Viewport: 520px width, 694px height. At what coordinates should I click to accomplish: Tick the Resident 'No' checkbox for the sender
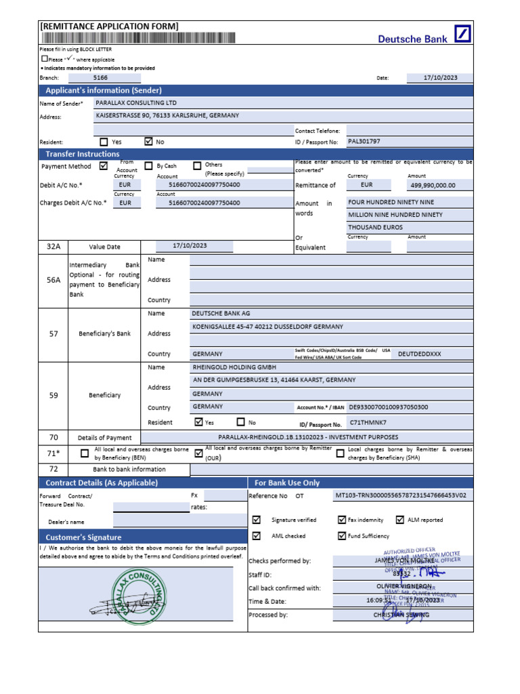click(x=149, y=142)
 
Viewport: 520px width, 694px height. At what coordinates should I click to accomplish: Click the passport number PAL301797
click(x=364, y=142)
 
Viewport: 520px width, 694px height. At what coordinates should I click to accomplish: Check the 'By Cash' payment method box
click(x=148, y=166)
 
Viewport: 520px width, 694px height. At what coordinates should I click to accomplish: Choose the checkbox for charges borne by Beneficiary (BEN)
click(x=85, y=453)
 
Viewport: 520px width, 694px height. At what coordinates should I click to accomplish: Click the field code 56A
click(x=53, y=279)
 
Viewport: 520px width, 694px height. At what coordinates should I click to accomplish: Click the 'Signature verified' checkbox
click(x=256, y=520)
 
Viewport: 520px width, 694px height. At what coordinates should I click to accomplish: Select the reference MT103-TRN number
click(x=402, y=495)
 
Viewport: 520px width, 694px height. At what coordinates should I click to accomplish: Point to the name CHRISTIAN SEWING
click(x=401, y=615)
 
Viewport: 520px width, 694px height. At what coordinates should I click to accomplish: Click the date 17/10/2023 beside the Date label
click(x=440, y=78)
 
